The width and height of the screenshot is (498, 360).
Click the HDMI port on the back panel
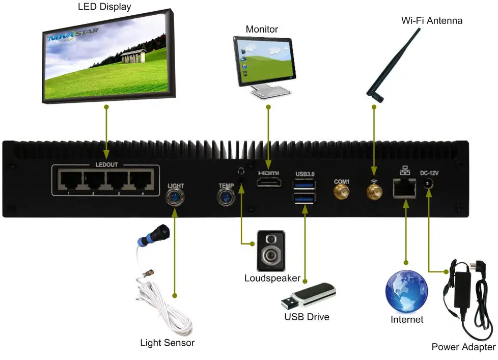click(x=269, y=183)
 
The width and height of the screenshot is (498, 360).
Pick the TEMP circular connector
click(x=226, y=197)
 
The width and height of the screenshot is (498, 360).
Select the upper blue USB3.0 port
click(x=305, y=185)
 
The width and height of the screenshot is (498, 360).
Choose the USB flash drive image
click(x=308, y=296)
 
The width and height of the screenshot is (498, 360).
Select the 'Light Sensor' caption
click(x=167, y=343)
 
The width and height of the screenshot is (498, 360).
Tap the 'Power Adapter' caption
click(x=463, y=347)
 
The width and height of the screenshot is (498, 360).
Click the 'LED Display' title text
click(x=104, y=7)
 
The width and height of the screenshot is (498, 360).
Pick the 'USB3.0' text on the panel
click(x=305, y=174)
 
